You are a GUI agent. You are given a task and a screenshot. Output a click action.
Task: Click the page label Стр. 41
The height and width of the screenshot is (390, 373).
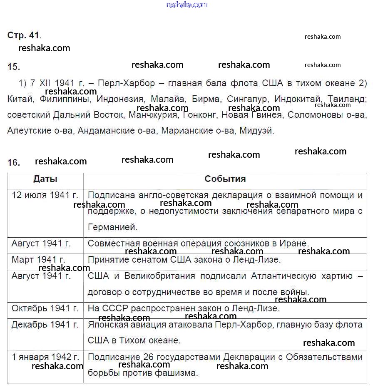24,35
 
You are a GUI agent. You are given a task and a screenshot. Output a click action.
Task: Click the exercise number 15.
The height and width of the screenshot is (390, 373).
13,67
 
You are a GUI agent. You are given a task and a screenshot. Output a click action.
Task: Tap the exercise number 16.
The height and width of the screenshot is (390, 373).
13,162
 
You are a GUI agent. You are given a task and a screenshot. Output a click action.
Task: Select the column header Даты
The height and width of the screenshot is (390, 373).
45,179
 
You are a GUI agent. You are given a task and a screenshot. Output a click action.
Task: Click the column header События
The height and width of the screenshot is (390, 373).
225,179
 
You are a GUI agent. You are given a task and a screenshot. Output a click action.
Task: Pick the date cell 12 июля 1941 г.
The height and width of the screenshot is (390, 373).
45,195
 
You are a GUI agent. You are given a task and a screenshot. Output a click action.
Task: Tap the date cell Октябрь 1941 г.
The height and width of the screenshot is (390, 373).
45,308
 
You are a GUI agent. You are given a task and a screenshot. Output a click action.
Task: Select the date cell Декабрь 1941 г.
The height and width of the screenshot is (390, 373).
45,325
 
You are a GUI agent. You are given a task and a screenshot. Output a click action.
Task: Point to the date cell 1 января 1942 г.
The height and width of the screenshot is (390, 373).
45,357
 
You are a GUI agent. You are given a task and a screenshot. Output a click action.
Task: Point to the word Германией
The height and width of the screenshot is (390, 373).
112,227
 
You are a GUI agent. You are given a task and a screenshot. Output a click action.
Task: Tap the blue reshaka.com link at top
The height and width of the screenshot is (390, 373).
186,5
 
